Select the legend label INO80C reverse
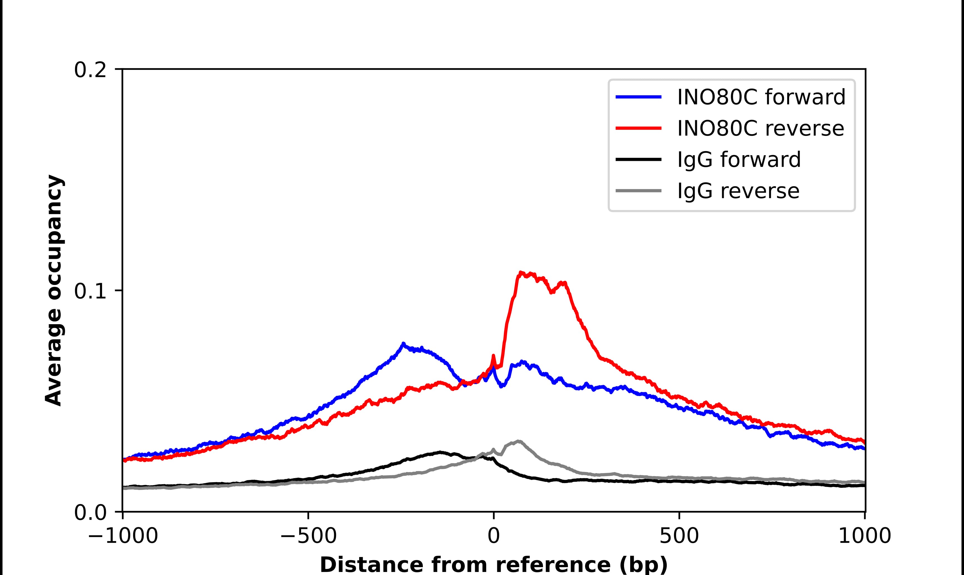(761, 129)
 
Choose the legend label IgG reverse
(738, 191)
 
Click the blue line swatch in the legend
(638, 97)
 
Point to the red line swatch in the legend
(638, 129)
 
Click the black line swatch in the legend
(638, 160)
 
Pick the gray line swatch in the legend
(638, 191)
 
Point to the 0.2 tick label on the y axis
(90, 70)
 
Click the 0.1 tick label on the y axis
(90, 291)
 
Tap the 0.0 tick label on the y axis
(90, 513)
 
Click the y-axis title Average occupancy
(54, 291)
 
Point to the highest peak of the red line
(520, 273)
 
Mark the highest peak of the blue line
(403, 344)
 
